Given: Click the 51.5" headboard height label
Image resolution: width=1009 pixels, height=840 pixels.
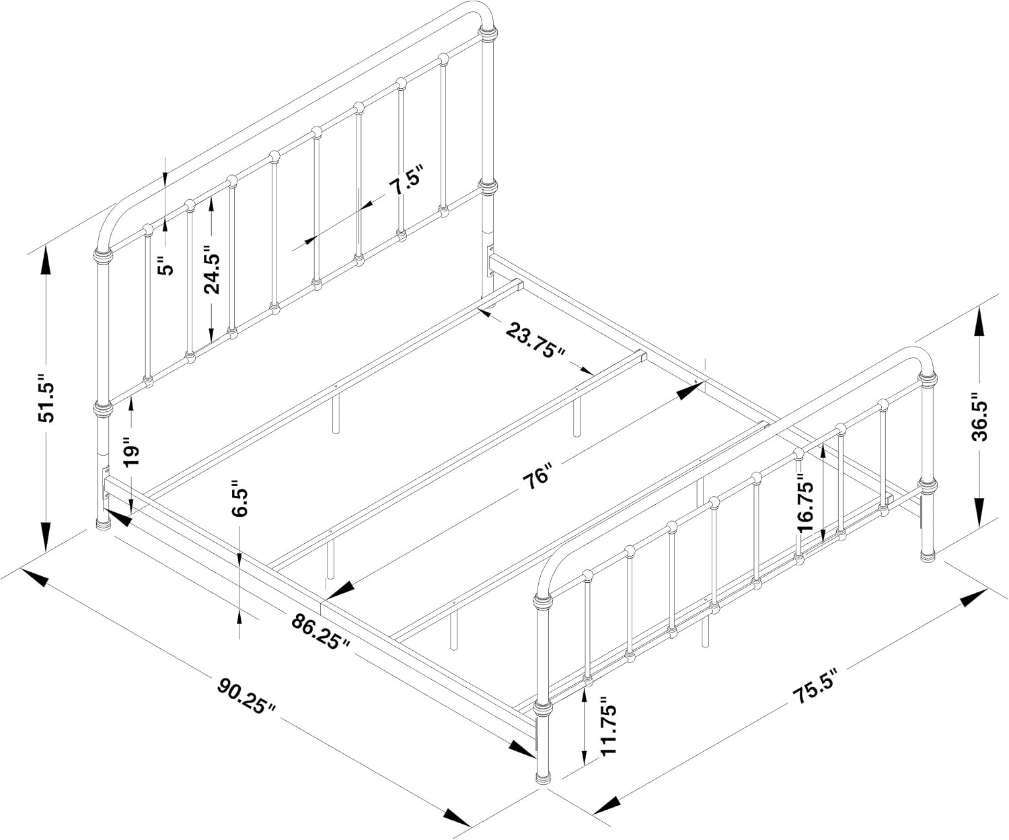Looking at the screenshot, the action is (47, 398).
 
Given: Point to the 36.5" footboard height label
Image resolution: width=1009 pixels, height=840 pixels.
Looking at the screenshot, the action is (979, 416).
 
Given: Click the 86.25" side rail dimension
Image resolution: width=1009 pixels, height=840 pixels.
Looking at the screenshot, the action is (320, 631).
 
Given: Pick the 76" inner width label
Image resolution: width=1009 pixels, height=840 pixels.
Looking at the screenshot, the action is (537, 476).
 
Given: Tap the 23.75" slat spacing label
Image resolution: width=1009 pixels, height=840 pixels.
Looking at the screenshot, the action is (535, 341).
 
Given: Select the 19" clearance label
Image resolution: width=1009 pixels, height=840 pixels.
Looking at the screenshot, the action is (131, 452).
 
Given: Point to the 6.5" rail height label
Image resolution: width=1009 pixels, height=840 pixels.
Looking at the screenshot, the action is (239, 498).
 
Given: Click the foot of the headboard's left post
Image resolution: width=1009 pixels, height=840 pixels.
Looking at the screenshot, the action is (103, 524).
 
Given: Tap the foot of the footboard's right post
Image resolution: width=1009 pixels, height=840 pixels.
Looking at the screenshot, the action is (928, 555).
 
